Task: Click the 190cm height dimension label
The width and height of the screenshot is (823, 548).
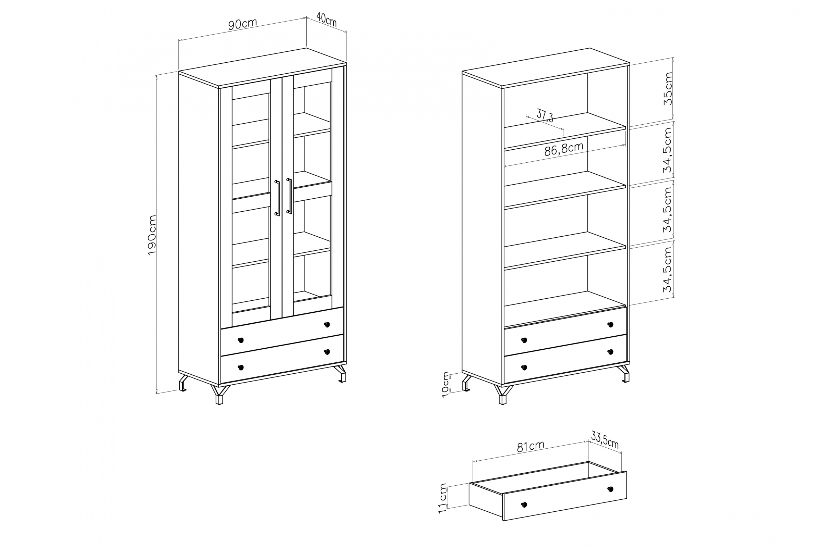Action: (152, 235)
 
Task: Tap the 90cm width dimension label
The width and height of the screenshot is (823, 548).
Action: (242, 24)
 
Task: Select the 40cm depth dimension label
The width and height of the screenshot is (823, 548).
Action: (326, 20)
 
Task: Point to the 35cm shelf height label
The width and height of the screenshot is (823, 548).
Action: (668, 88)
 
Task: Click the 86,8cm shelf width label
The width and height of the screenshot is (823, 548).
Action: (564, 149)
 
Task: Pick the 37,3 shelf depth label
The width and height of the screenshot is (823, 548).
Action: (545, 115)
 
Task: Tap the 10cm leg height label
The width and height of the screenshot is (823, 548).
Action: (445, 384)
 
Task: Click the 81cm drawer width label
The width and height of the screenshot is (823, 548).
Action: (530, 446)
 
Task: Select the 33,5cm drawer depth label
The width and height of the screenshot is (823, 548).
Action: (605, 440)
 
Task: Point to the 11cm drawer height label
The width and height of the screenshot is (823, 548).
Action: (443, 498)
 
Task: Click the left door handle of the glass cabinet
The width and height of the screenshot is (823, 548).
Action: (277, 198)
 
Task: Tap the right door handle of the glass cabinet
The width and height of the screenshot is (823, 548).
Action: (289, 196)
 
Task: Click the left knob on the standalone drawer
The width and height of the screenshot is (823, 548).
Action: (524, 504)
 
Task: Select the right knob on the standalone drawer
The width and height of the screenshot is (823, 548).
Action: (610, 489)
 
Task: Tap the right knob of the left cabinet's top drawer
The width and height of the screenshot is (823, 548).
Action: (327, 324)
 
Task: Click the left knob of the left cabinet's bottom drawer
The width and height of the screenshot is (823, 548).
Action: (240, 367)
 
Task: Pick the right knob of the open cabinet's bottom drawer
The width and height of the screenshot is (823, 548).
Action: (610, 352)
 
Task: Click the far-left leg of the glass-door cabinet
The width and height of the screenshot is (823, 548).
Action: (183, 383)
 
